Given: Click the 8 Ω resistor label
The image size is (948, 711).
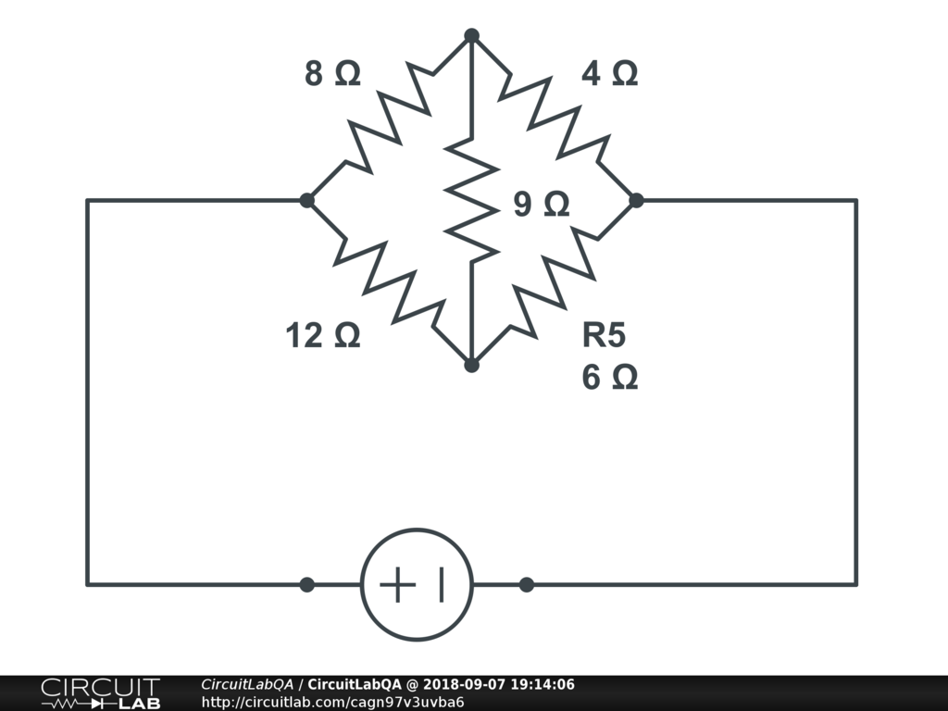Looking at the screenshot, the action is click(332, 74).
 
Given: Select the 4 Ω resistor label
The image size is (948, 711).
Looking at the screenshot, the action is click(609, 74).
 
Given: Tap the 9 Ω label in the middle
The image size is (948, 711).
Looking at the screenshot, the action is click(542, 205).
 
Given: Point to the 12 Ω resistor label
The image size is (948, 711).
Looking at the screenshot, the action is click(322, 336).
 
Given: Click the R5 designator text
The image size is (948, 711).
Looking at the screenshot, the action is click(604, 335).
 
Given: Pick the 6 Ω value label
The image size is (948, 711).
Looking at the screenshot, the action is click(609, 377).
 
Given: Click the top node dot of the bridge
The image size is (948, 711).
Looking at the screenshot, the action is click(471, 35).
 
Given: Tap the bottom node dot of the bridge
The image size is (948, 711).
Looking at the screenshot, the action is click(471, 365).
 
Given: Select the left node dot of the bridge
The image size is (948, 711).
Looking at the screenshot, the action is click(307, 200).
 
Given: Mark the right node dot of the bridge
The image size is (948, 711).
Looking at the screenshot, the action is click(636, 200).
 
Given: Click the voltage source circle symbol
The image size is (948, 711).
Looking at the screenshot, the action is click(417, 584).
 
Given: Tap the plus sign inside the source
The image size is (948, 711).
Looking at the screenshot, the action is click(396, 585).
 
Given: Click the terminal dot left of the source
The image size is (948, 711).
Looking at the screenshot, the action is click(307, 584).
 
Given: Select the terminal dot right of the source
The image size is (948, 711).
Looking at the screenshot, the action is click(526, 584).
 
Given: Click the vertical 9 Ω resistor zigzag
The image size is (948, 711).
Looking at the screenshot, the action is click(471, 200).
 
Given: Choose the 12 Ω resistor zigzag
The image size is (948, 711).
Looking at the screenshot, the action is click(389, 282).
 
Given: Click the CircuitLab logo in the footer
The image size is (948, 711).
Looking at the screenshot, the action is click(100, 693).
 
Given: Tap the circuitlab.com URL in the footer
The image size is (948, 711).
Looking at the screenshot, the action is click(332, 702).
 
